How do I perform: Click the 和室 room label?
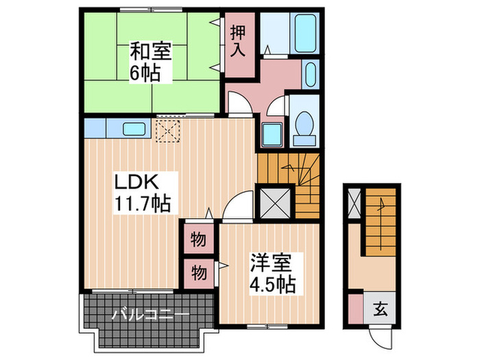[151, 52]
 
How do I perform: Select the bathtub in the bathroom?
[304, 31]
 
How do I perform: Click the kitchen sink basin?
[134, 128]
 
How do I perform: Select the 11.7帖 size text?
[143, 203]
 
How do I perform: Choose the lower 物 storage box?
[197, 272]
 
